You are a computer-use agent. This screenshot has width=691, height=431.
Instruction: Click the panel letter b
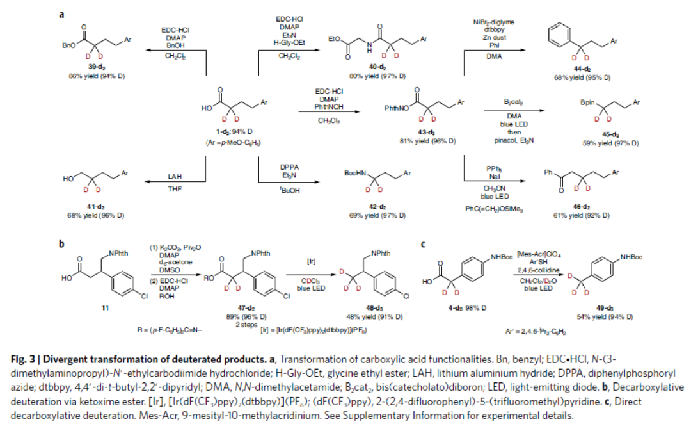[61, 243]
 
